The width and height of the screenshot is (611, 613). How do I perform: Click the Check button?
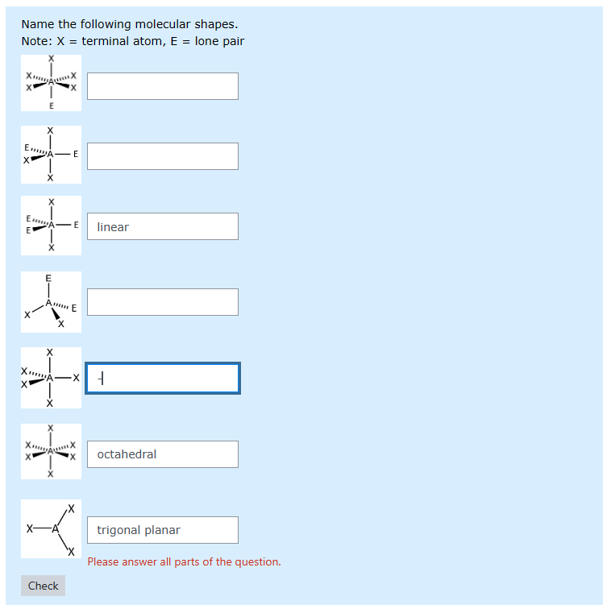pos(43,586)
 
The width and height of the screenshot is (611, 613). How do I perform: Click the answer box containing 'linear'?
pos(162,226)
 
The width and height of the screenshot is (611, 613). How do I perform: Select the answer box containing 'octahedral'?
pos(162,454)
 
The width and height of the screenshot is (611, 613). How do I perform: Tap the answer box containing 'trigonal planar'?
pos(162,530)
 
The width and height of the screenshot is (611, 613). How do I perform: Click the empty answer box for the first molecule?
pos(162,86)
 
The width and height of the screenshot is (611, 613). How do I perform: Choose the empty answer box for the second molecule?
pos(162,156)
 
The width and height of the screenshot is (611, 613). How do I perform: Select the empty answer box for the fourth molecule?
pos(162,302)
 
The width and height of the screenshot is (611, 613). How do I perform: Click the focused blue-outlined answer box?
pos(162,378)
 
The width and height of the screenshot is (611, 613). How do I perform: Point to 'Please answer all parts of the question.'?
pos(184,561)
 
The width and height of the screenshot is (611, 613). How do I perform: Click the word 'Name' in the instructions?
pos(37,24)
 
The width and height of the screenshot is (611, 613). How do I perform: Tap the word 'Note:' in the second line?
pos(37,41)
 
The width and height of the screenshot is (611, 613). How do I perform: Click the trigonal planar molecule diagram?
pos(51,529)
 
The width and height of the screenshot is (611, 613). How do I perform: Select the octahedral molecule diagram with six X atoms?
pos(51,451)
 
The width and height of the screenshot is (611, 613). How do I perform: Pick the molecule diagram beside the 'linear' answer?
pos(51,226)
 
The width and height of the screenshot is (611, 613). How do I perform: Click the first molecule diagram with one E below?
pos(51,83)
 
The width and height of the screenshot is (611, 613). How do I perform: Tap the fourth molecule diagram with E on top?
pos(51,302)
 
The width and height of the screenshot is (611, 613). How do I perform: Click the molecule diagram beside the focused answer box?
pos(51,378)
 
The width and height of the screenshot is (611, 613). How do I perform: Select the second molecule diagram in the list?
pos(51,154)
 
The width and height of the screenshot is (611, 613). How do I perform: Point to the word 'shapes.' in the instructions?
pos(216,24)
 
